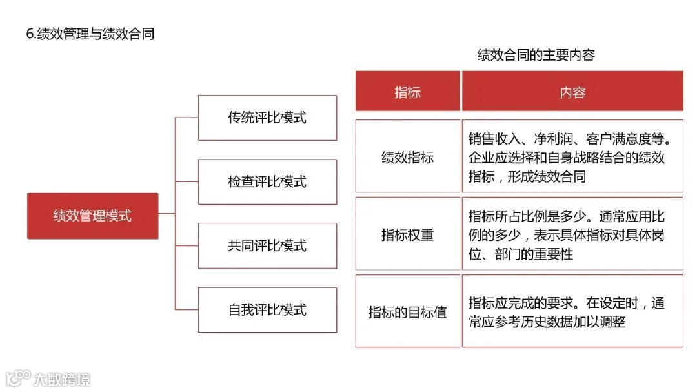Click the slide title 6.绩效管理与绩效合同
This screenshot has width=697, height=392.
coord(90,34)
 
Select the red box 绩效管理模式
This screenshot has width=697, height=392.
coord(92,216)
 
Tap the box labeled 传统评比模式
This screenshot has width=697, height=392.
coord(267,118)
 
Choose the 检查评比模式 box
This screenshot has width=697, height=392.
coord(267,181)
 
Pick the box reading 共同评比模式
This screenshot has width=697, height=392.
coord(267,245)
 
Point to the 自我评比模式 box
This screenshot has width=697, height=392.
coord(267,309)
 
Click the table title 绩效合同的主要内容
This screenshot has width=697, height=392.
coord(536,55)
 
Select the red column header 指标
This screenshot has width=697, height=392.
coord(407,92)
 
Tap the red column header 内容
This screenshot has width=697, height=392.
coord(572,92)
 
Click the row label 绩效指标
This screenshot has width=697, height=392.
coord(407,157)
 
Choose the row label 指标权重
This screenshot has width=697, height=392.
coord(407,234)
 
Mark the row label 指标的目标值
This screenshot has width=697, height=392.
coord(407,313)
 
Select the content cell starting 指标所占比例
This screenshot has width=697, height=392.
coord(572,234)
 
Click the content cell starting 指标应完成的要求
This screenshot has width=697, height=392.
coord(572,312)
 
